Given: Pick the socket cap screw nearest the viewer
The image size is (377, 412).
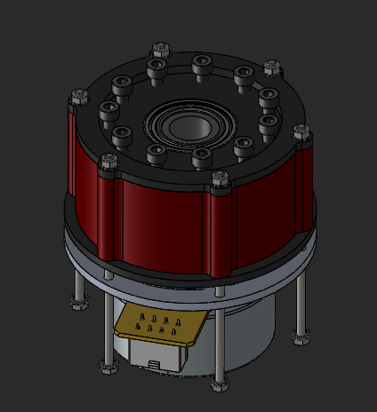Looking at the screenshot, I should tap(201, 158).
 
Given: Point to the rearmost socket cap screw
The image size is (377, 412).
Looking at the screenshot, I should tap(201, 64).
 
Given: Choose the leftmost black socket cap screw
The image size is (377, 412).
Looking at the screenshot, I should tap(109, 111).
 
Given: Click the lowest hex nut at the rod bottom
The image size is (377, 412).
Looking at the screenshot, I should tap(218, 387).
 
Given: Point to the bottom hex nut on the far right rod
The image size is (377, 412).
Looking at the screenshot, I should tap(300, 336).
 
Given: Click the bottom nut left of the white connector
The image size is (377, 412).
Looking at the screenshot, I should tap(109, 366).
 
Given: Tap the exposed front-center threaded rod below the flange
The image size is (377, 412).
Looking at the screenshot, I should tap(218, 337).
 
